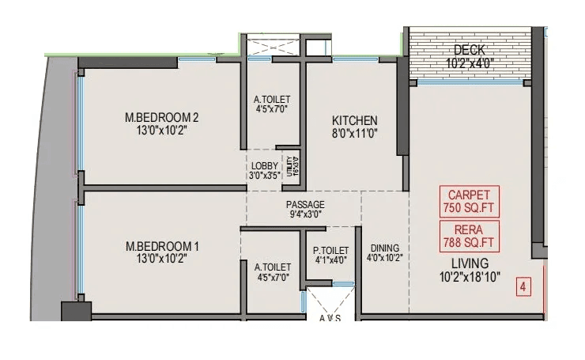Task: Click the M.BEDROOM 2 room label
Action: pos(162,118)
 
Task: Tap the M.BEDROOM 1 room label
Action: pos(162,246)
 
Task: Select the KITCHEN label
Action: pos(354,120)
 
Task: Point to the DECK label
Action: pos(470,50)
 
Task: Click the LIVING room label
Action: pos(470,263)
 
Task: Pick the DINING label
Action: pos(384,247)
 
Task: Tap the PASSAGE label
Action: pos(305,204)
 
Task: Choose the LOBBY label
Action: pos(263,165)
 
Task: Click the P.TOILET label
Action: pos(330,250)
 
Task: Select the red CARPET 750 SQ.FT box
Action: pos(469,202)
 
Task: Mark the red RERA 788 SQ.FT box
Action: pos(469,235)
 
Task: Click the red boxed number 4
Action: pos(523,286)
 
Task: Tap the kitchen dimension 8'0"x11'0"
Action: pos(354,135)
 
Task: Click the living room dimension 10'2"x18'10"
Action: pos(470,277)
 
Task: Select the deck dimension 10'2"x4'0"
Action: pos(470,63)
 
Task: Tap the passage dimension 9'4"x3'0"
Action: pos(305,214)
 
